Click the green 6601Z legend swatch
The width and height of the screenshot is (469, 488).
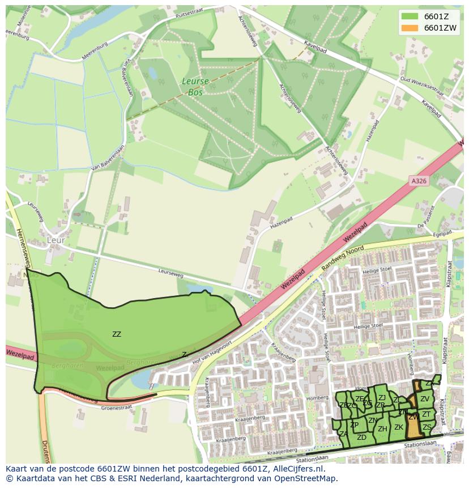pos(410,16)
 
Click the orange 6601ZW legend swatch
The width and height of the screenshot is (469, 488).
pos(410,28)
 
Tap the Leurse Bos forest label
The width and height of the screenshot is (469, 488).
pos(195,86)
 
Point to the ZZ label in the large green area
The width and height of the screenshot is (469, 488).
pos(117,334)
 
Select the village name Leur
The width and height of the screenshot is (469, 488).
pos(56,240)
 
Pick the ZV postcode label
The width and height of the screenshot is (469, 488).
pos(425,399)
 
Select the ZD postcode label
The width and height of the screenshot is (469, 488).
pos(361,438)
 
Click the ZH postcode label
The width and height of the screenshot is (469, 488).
pos(382,429)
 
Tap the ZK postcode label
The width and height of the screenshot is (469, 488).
pos(399,427)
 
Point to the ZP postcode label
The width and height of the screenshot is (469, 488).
pos(354,425)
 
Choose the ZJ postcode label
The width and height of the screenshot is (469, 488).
pos(382,398)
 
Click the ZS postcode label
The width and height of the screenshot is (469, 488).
pos(427,427)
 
